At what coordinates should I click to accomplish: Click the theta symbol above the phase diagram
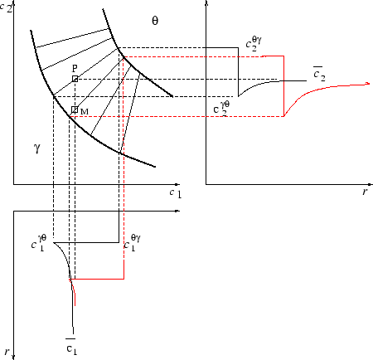(x=154, y=20)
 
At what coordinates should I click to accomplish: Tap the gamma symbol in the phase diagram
(x=36, y=148)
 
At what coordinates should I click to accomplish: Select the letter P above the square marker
(x=75, y=69)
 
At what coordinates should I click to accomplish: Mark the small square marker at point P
(x=75, y=79)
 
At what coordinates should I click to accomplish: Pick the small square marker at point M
(x=75, y=109)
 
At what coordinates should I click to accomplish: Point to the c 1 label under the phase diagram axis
(x=174, y=192)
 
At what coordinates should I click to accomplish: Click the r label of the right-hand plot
(x=364, y=191)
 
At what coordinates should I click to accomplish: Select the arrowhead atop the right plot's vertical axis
(x=206, y=4)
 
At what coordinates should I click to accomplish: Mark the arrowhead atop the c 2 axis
(x=13, y=4)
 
